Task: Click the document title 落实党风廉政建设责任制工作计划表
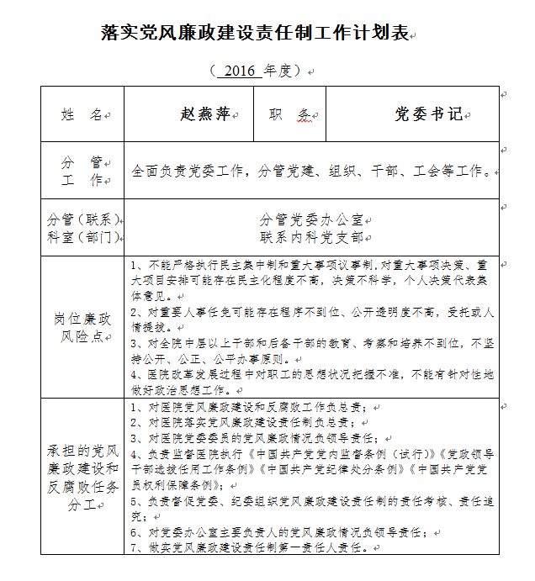254,34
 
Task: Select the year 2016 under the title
240,71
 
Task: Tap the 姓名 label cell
82,114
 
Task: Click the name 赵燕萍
204,114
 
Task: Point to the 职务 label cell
289,114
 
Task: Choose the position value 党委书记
428,114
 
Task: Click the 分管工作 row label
82,171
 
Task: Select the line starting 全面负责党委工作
310,171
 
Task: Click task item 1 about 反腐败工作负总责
252,408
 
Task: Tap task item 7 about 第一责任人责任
252,547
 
